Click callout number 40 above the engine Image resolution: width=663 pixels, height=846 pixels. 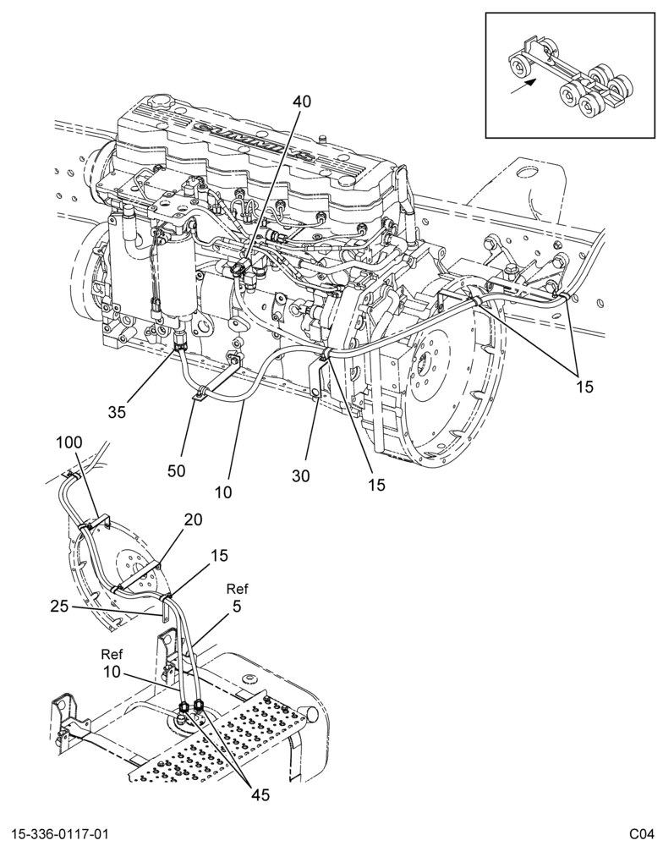(x=302, y=102)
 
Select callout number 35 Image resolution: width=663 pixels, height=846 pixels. (x=117, y=412)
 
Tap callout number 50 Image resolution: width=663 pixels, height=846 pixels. (x=176, y=470)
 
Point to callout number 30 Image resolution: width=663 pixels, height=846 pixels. (x=302, y=476)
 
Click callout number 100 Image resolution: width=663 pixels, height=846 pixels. (x=69, y=442)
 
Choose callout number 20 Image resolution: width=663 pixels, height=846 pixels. (x=193, y=519)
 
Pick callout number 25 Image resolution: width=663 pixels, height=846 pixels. (x=60, y=607)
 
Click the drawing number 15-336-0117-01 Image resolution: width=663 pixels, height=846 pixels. (x=59, y=834)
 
